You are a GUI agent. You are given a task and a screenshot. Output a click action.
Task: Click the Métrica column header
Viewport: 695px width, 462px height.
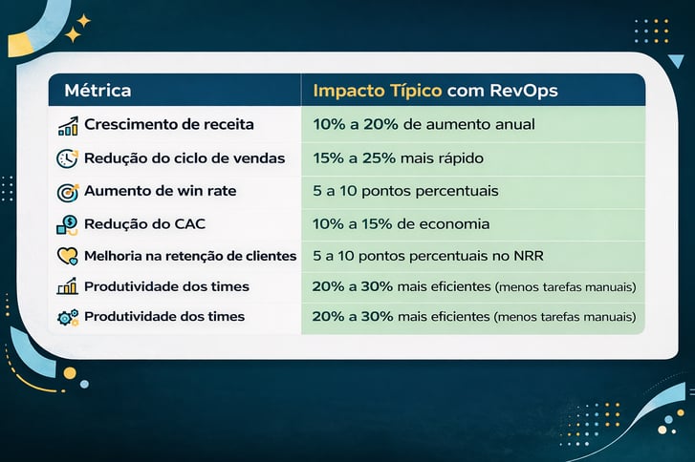click(98, 92)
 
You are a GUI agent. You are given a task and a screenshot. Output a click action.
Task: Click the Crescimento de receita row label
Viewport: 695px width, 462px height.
click(169, 125)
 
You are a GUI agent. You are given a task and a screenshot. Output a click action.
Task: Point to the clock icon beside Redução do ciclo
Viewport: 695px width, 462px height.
click(67, 158)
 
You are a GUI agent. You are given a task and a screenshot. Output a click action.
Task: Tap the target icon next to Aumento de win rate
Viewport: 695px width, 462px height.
click(67, 191)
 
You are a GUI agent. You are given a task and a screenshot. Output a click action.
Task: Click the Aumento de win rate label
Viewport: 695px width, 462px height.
click(160, 191)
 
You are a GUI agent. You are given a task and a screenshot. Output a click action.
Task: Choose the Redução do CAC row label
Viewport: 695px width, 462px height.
click(145, 224)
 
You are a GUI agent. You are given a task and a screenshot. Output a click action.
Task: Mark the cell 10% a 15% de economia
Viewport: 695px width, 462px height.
click(402, 224)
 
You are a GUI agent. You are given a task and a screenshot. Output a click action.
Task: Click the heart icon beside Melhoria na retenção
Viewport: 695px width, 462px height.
click(67, 256)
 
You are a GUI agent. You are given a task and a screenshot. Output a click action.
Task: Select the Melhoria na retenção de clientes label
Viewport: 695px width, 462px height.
click(190, 256)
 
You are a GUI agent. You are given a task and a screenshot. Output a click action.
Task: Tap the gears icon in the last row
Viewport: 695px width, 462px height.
click(67, 317)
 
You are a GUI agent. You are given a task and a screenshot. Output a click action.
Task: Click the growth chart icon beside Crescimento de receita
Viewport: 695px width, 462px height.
click(67, 126)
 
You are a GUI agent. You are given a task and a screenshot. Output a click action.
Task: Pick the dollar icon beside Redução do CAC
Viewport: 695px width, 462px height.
click(67, 225)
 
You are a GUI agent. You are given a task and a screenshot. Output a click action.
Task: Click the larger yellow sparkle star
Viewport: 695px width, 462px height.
click(73, 35)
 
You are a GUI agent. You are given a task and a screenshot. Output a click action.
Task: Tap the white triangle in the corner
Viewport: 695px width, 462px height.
click(676, 62)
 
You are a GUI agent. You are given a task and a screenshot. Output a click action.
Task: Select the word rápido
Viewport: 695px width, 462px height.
click(460, 158)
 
